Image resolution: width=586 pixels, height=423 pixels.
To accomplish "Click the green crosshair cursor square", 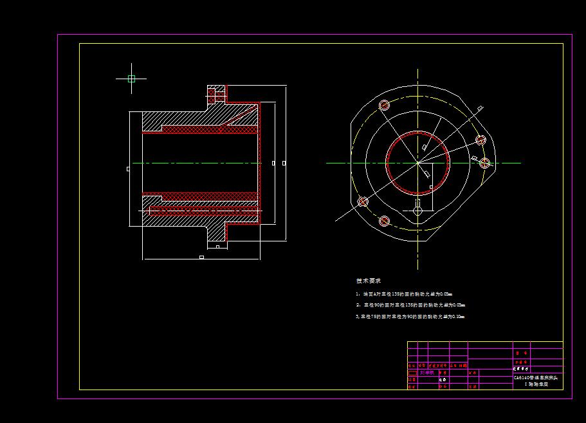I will pos(131,79).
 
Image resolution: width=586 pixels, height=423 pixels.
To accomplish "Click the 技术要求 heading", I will pos(369,281).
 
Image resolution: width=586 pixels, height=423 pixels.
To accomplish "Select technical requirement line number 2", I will pos(410,305).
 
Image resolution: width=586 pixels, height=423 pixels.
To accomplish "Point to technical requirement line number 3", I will pos(410,317).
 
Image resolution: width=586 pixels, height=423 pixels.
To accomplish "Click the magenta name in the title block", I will pos(426,372).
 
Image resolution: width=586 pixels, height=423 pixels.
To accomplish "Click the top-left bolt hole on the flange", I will pos(385,105).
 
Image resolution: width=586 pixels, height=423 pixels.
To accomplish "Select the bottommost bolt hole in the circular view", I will pos(384,221).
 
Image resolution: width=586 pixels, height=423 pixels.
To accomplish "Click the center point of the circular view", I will pos(417,163).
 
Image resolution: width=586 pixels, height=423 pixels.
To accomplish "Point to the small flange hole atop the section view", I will pos(217,94).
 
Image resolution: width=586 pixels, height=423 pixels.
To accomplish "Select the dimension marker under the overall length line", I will pos(201,258).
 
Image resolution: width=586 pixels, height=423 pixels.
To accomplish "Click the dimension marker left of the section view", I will pos(128,169).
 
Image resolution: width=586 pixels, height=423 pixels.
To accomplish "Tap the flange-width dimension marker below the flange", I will pos(217,247).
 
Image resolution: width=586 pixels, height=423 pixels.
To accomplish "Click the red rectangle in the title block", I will pos(412,373).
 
